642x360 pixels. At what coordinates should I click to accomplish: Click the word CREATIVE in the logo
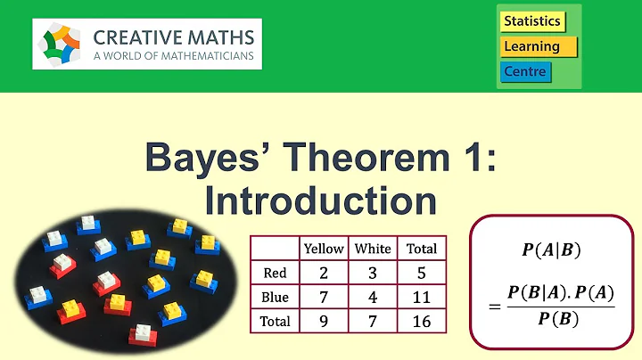coord(141,38)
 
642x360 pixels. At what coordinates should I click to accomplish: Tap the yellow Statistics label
coord(532,20)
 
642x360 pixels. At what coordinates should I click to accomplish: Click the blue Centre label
coord(525,71)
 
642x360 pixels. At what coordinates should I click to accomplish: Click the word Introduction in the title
coord(320,200)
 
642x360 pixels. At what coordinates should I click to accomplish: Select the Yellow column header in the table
coord(324,249)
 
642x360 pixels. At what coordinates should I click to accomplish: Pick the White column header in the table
coord(373,249)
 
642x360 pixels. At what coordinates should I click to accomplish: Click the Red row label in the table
coord(275,273)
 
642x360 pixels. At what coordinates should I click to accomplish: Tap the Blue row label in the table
coord(275,297)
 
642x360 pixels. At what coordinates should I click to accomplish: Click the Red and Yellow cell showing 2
coord(324,273)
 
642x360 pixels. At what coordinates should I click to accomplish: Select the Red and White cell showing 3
coord(373,273)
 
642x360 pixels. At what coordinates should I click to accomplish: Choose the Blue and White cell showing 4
coord(373,297)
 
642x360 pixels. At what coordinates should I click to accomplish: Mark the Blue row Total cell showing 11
coord(421,297)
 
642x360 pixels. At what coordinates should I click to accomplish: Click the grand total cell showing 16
coord(421,320)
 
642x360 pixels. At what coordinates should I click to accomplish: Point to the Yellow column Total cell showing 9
coord(324,320)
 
